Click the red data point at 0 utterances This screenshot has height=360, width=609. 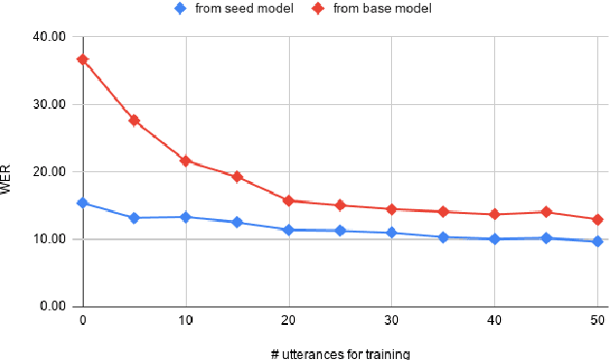(83, 59)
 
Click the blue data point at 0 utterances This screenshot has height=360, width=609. (83, 203)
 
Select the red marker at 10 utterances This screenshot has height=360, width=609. (186, 161)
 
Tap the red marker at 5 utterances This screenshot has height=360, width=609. (134, 121)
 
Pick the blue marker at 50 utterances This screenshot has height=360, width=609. (597, 241)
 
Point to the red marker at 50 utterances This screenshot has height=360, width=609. (597, 220)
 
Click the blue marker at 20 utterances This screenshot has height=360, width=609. (288, 230)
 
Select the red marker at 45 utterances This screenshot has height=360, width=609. (546, 212)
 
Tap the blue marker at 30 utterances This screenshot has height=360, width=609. (391, 233)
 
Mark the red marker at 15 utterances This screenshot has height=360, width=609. (236, 177)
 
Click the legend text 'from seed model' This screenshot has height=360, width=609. (238, 9)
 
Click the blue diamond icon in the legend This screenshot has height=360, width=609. (180, 9)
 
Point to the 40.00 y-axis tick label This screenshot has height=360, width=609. (51, 37)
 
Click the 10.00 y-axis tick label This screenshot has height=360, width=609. (51, 239)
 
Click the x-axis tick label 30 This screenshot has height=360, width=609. (391, 319)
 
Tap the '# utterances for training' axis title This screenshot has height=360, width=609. (340, 352)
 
